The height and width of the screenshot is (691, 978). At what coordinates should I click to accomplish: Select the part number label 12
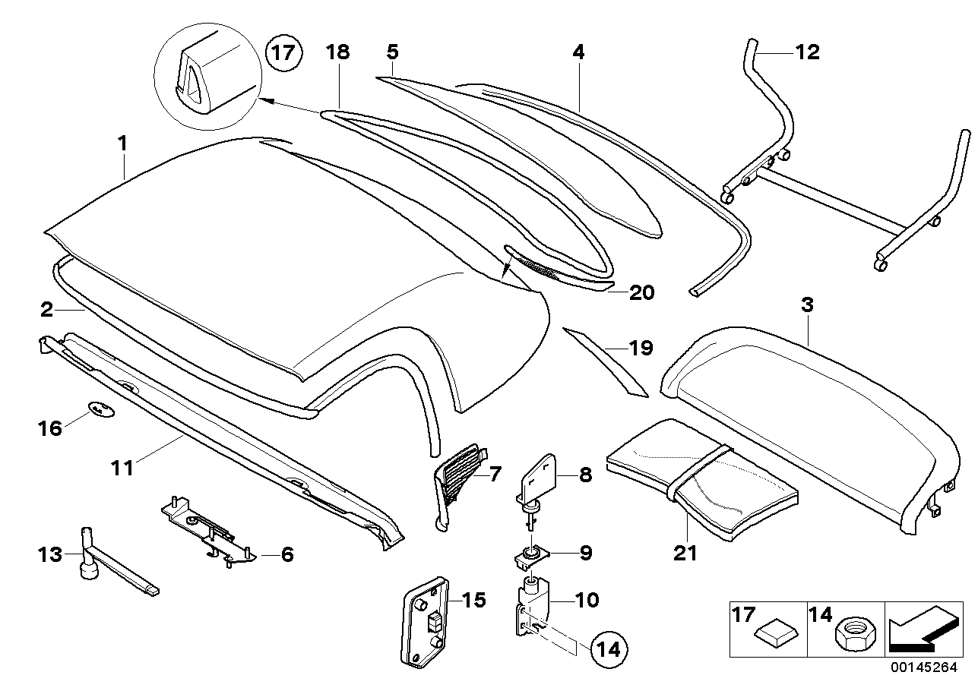[807, 52]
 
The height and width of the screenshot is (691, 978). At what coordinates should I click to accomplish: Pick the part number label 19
[641, 349]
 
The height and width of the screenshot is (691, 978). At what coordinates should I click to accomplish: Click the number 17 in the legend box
[742, 612]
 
